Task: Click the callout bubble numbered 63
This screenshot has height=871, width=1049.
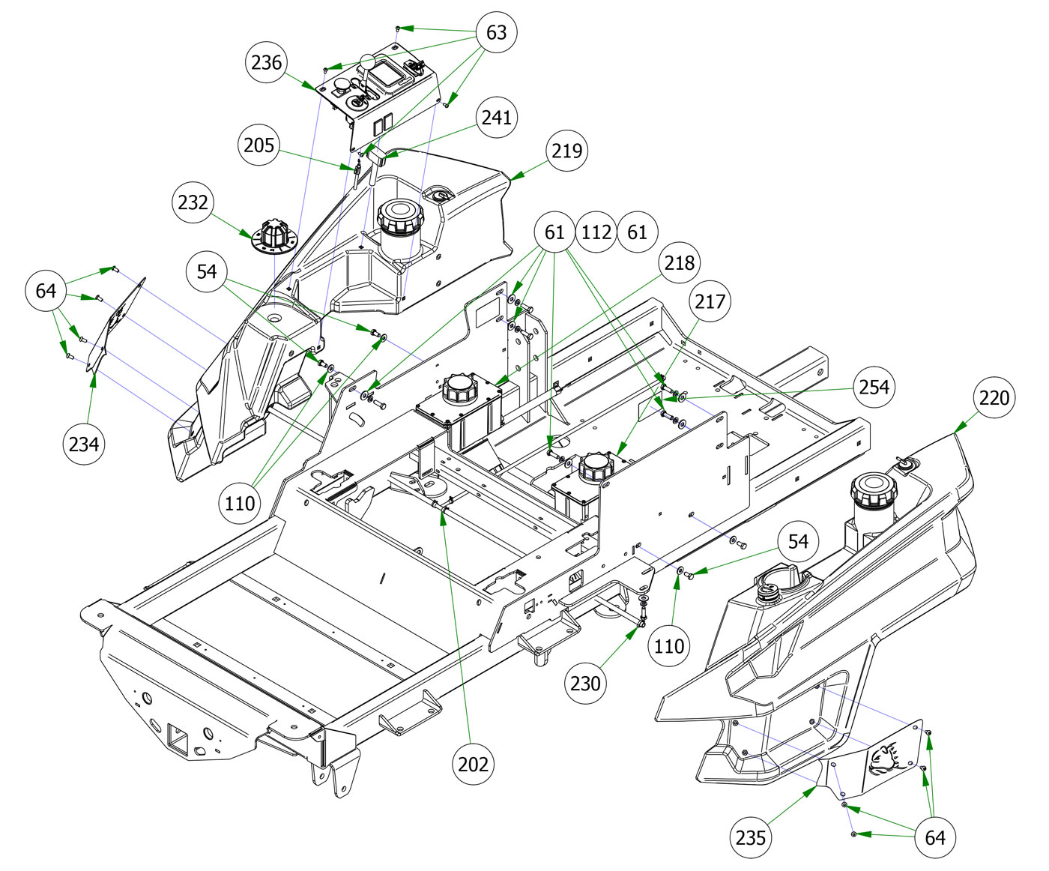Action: [496, 32]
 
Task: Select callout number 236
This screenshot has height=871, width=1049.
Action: [266, 62]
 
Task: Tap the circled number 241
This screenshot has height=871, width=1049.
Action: [496, 117]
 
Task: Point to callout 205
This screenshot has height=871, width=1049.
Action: [259, 145]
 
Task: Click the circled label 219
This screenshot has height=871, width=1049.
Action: [566, 150]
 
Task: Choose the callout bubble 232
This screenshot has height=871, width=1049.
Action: [193, 202]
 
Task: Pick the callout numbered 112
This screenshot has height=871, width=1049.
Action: [596, 232]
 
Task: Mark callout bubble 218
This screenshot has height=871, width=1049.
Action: [680, 262]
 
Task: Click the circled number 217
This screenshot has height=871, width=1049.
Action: [710, 301]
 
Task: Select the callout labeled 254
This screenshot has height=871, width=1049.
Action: [874, 387]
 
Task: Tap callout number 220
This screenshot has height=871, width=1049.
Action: [994, 397]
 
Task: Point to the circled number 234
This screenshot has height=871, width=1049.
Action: [84, 444]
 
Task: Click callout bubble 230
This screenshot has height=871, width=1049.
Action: [585, 683]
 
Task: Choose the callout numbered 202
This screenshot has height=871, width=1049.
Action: [474, 764]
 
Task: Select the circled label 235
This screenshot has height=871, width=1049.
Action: [751, 837]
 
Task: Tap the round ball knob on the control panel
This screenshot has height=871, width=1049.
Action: [367, 63]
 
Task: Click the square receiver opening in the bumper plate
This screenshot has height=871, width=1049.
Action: [178, 737]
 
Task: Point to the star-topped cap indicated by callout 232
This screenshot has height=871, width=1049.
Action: [273, 236]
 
